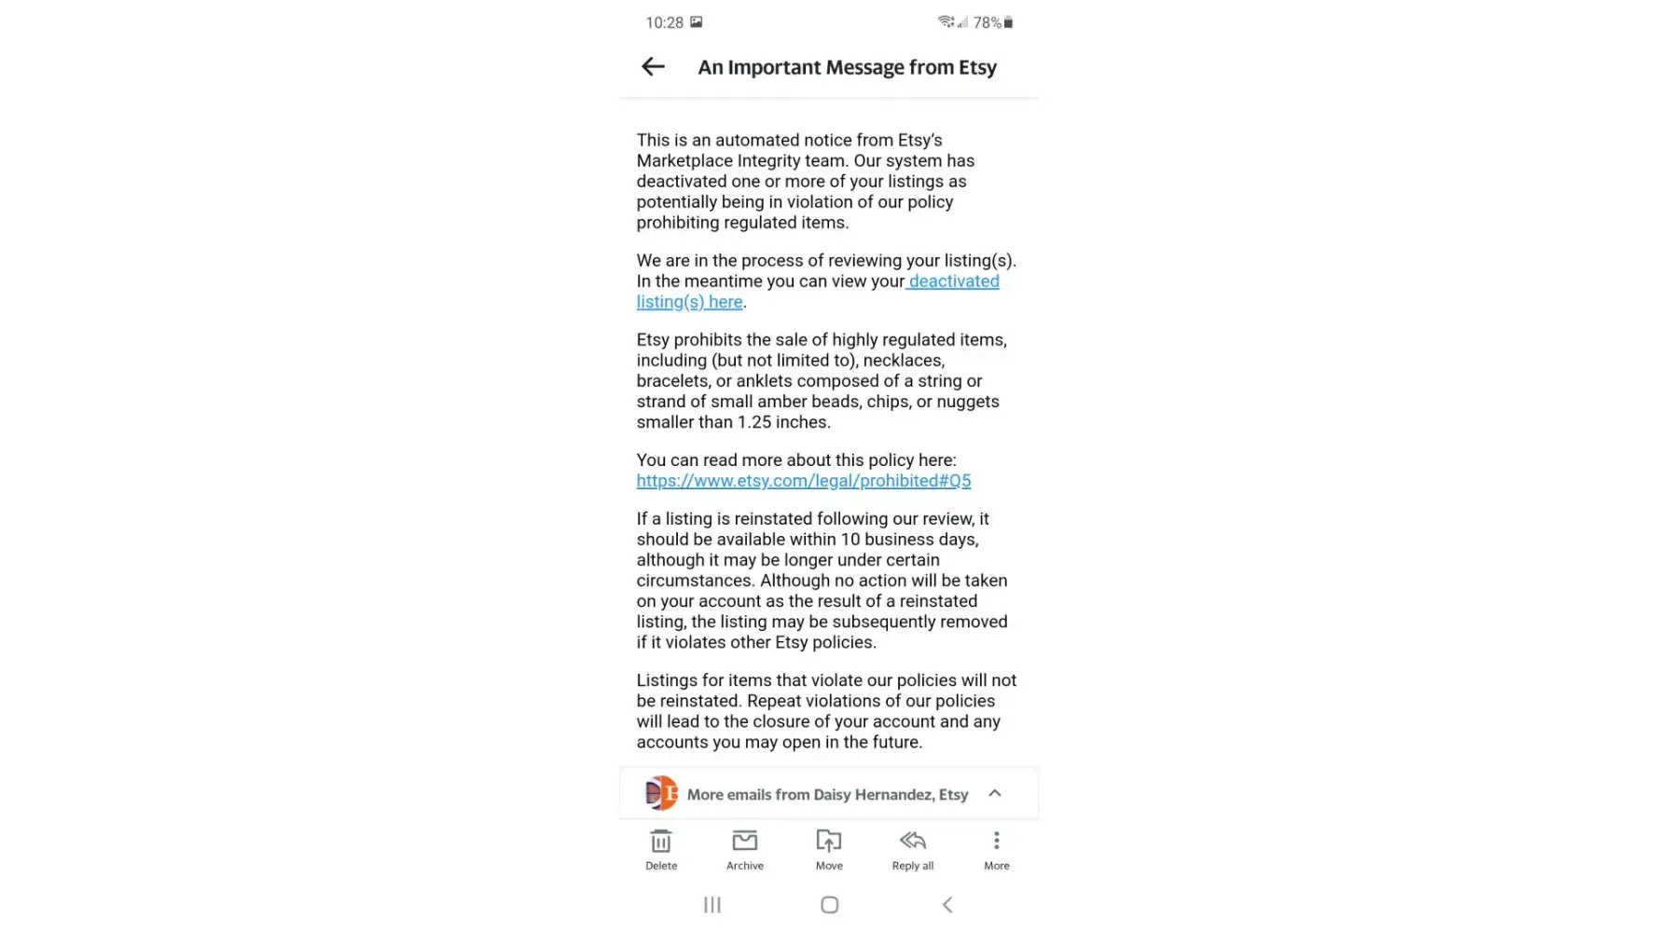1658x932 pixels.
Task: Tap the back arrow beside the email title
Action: point(653,66)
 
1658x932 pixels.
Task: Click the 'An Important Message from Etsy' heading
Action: point(847,67)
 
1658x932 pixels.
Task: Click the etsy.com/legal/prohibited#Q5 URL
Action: point(803,481)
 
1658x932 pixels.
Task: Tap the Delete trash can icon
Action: point(661,842)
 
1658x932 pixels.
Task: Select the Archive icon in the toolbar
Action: point(744,842)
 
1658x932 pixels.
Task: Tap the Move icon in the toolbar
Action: point(828,842)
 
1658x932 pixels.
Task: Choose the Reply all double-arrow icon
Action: point(912,842)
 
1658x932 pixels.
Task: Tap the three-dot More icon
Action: point(996,842)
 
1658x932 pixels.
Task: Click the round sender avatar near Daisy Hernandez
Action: point(661,794)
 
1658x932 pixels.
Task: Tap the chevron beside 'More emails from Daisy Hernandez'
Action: point(995,793)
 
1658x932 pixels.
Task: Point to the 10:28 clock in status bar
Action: point(664,22)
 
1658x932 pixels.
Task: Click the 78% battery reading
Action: point(987,22)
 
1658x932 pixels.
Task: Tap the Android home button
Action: point(829,905)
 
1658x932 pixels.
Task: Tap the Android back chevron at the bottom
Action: point(946,905)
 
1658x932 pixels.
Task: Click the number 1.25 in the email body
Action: point(753,422)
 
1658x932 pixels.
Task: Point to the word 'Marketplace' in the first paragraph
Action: point(684,161)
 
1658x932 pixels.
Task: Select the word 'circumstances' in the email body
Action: point(693,581)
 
